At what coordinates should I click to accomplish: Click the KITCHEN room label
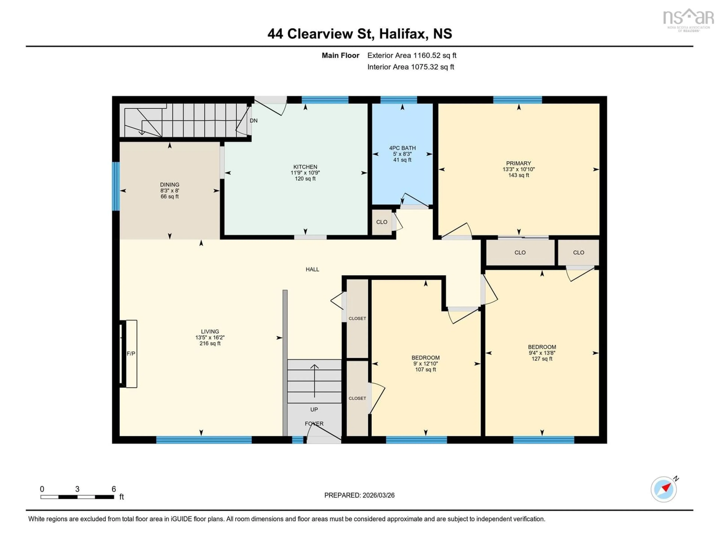(x=305, y=167)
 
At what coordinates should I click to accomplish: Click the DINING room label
(x=169, y=185)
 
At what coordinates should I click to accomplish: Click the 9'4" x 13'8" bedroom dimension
(x=542, y=353)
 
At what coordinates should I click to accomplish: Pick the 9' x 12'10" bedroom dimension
(x=425, y=364)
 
